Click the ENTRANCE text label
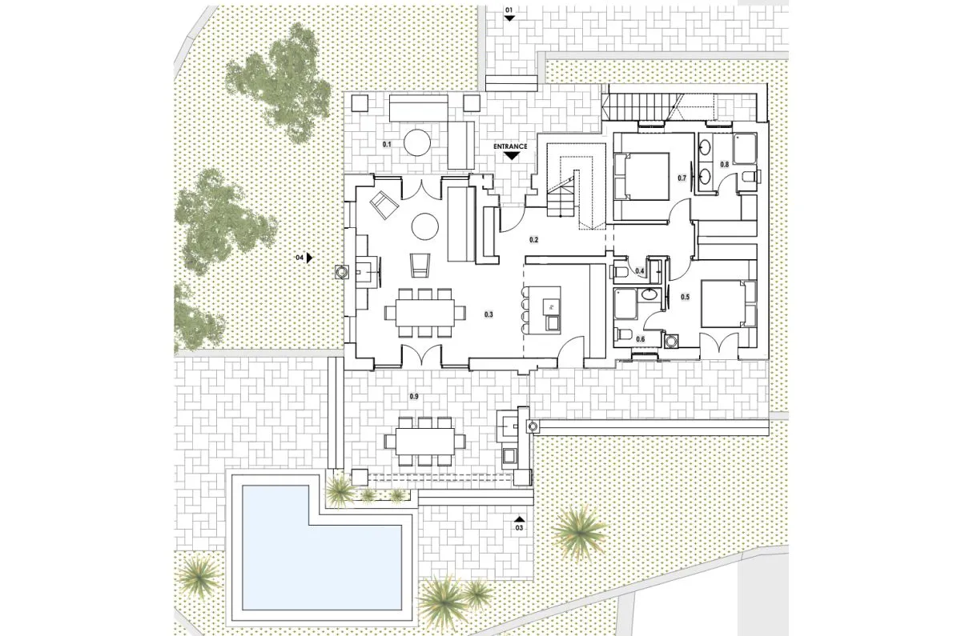[x=510, y=146]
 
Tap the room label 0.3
[x=489, y=314]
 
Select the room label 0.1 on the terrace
[x=387, y=145]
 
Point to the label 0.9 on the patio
[x=414, y=397]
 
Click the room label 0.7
[x=682, y=178]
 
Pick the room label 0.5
[x=686, y=297]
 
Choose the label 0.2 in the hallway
[x=533, y=240]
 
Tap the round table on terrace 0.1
[x=417, y=142]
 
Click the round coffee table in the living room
[x=424, y=226]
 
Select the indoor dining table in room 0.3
[x=424, y=313]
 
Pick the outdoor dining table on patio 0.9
[x=424, y=442]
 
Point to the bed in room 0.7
[x=642, y=176]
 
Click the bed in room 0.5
[x=729, y=304]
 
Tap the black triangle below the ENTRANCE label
[x=511, y=155]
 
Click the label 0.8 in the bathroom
[x=724, y=164]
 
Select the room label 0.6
[x=641, y=339]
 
